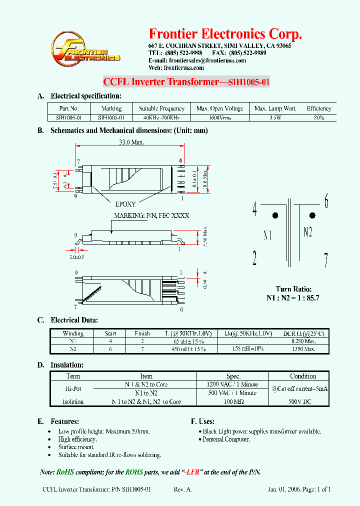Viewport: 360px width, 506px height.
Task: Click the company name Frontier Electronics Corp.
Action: click(225, 34)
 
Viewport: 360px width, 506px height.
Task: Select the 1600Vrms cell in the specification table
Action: click(219, 118)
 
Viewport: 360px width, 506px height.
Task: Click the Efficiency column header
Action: click(319, 108)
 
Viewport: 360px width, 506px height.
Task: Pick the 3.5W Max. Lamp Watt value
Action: click(275, 118)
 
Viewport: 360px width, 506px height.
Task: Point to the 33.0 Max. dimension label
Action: click(131, 142)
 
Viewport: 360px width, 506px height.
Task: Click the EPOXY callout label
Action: click(125, 204)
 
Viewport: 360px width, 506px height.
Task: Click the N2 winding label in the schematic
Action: click(308, 231)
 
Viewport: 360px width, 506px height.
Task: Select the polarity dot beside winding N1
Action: click(275, 216)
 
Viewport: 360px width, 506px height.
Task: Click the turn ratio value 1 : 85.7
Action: click(307, 297)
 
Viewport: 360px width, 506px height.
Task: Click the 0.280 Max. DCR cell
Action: click(304, 341)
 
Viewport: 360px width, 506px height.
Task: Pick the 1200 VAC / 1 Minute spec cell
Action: click(232, 384)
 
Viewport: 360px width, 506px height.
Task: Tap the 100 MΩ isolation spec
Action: click(232, 401)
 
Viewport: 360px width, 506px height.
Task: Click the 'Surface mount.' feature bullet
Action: click(76, 447)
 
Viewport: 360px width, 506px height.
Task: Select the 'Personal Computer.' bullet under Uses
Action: click(226, 439)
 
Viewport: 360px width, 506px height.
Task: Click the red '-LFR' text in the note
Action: click(193, 472)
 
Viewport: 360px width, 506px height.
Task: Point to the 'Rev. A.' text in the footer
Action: click(182, 490)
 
